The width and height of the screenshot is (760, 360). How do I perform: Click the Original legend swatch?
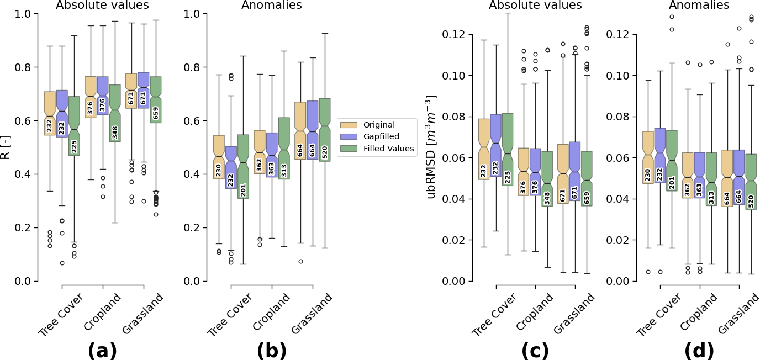(349, 125)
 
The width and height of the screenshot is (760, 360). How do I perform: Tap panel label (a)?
(102, 351)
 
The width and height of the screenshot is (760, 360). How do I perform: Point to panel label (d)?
(699, 351)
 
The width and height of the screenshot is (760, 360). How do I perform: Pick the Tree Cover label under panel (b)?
(230, 315)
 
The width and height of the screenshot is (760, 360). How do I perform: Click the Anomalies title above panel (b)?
(271, 6)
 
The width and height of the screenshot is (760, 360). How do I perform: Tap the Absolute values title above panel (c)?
(535, 6)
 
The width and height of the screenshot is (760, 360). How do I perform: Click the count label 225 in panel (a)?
(74, 146)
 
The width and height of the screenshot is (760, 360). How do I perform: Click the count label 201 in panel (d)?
(672, 183)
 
